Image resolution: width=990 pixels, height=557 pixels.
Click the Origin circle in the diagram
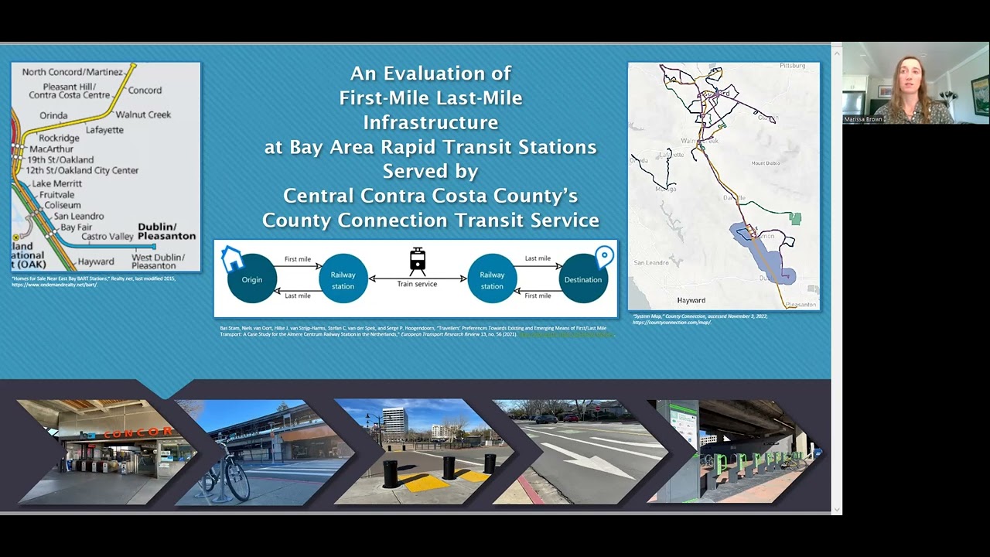252,279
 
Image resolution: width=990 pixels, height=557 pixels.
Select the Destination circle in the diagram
582,279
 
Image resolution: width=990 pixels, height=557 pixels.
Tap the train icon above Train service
418,261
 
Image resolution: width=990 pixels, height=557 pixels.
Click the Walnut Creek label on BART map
143,114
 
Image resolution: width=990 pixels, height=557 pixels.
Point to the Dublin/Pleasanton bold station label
167,231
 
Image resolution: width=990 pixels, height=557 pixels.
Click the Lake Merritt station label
56,183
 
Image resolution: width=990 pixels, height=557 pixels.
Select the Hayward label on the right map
691,300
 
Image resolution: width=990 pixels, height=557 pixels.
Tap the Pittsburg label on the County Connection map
793,67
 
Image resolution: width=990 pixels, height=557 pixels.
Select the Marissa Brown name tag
862,120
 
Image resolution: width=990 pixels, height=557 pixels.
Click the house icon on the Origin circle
231,259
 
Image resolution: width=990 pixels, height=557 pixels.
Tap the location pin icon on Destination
604,256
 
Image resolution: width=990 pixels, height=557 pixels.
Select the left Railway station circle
343,279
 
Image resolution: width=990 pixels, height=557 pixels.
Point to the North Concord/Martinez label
72,72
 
